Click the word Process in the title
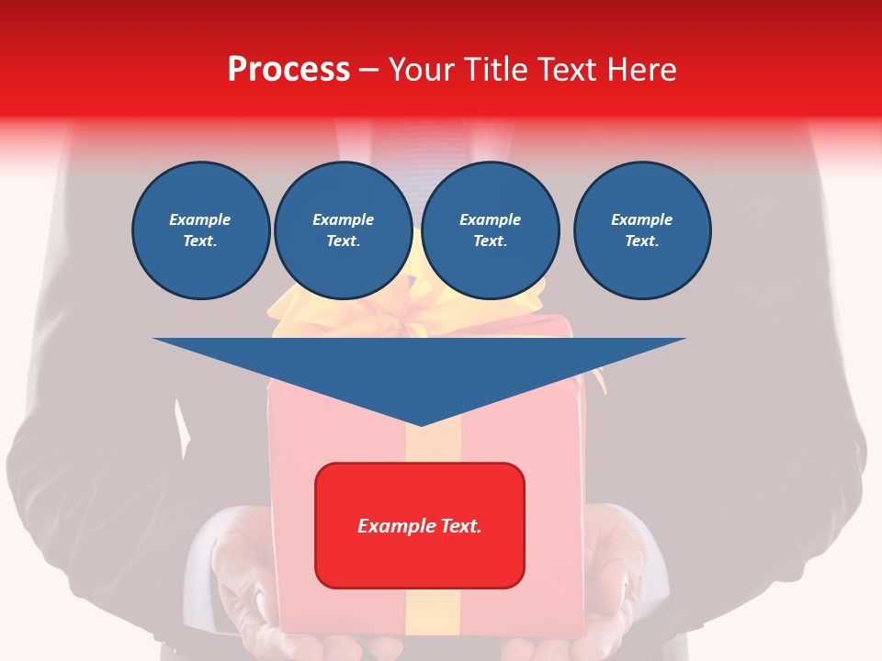[288, 69]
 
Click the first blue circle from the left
[200, 230]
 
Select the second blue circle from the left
[343, 230]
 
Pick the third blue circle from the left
[491, 230]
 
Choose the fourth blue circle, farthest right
[642, 230]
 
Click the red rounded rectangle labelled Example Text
[420, 525]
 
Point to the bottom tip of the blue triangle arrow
[421, 424]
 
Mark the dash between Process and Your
[368, 70]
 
